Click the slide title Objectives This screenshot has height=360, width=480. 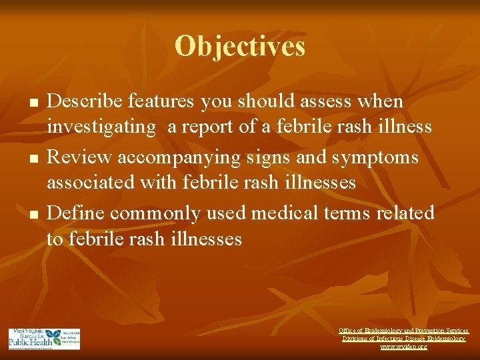pos(240,46)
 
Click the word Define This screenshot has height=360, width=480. pos(75,213)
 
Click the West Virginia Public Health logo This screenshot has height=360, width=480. pos(44,339)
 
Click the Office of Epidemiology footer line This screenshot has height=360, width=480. pos(403,331)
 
